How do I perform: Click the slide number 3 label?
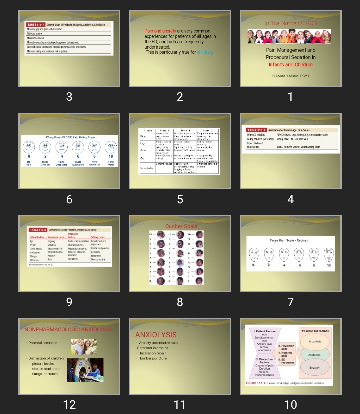[69, 97]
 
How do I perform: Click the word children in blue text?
[205, 52]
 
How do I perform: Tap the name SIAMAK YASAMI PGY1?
[291, 76]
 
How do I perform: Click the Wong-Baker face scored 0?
[29, 147]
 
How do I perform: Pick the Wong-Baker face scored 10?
[111, 147]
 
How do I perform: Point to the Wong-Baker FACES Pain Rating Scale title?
[70, 137]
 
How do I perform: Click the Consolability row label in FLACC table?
[147, 168]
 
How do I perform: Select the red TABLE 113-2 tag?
[256, 130]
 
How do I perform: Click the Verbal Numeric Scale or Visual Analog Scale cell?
[298, 147]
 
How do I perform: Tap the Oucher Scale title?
[181, 226]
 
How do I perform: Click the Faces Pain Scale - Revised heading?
[289, 240]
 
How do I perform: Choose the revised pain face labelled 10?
[329, 255]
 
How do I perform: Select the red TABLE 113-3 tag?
[38, 230]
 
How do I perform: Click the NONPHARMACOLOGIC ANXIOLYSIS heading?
[68, 329]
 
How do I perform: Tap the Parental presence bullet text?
[43, 343]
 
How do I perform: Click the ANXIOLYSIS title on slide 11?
[156, 335]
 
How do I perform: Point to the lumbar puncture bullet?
[154, 358]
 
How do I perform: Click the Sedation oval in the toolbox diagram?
[315, 368]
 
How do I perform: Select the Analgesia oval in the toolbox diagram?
[314, 355]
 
